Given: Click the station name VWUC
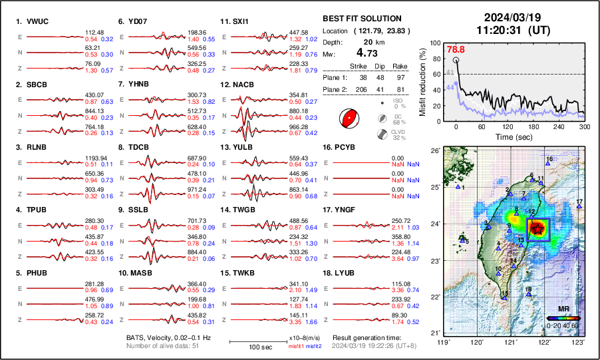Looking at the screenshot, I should (x=37, y=22).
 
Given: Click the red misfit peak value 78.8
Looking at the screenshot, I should (x=456, y=49).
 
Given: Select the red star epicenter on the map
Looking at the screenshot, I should (x=537, y=228).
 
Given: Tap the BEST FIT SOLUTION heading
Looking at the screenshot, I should (x=361, y=19).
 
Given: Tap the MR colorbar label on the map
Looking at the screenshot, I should (x=563, y=309).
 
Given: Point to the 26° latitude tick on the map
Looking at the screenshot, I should (x=434, y=150).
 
